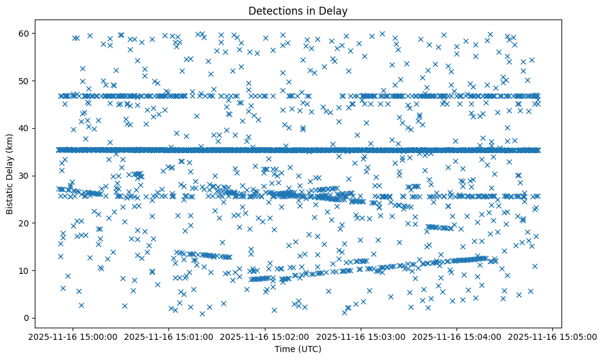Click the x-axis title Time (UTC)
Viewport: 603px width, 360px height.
click(x=297, y=350)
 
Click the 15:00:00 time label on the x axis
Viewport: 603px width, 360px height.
click(x=73, y=336)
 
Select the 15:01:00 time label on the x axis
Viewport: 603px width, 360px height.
click(x=169, y=336)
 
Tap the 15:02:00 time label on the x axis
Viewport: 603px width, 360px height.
click(x=265, y=336)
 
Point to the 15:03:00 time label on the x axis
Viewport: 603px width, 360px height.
click(x=361, y=336)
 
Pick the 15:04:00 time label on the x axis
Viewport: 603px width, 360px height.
click(x=457, y=336)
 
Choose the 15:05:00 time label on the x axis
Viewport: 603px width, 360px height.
click(x=552, y=336)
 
